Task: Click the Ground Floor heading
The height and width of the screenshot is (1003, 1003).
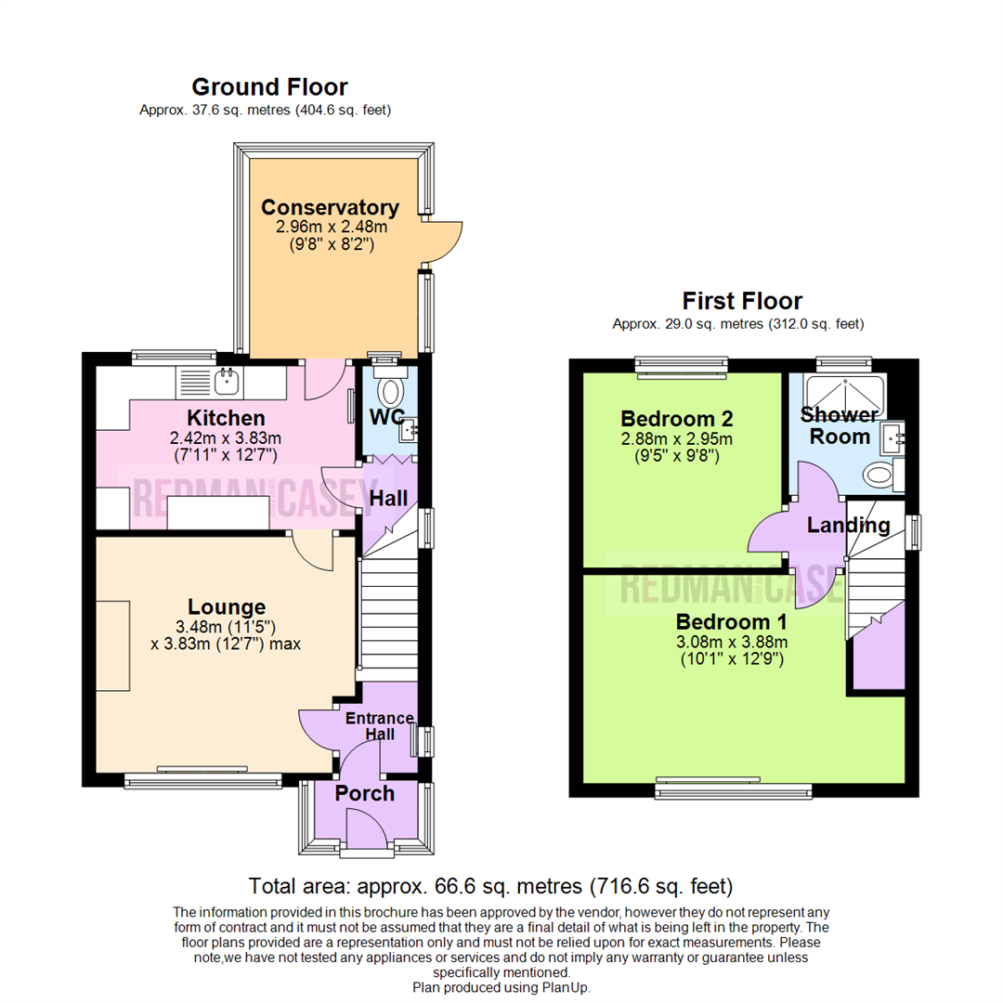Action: (x=269, y=87)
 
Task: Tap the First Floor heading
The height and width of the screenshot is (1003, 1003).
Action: (x=742, y=301)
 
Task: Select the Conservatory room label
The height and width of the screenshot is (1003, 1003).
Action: (x=330, y=207)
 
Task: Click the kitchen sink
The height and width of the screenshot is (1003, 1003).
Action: (x=224, y=378)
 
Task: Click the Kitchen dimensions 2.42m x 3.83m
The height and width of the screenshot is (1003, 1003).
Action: (x=227, y=437)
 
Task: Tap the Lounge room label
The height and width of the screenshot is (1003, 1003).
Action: (x=228, y=607)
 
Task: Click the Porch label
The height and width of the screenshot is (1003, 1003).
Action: (x=364, y=793)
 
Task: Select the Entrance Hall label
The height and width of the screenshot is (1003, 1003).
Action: (x=379, y=725)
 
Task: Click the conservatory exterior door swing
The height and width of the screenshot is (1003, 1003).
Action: (x=443, y=240)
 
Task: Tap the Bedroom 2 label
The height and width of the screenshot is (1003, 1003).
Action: (x=677, y=417)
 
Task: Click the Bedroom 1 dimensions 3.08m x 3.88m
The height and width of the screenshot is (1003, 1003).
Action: (x=732, y=642)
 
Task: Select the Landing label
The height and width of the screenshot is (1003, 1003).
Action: (x=848, y=525)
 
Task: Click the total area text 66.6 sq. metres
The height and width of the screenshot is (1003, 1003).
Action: (x=491, y=883)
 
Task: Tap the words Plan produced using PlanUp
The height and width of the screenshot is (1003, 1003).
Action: (x=501, y=987)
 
